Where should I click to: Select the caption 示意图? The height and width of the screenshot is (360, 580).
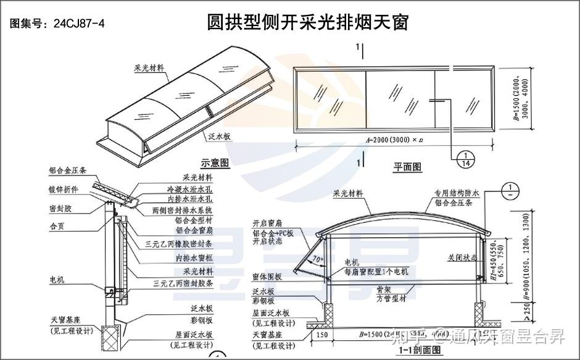[x=215, y=163]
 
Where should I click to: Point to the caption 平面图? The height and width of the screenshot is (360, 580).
[x=407, y=166]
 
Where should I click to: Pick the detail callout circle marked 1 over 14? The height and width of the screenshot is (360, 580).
[x=465, y=159]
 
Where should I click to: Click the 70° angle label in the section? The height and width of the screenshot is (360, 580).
[x=317, y=259]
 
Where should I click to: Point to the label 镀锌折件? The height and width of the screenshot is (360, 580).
[x=65, y=190]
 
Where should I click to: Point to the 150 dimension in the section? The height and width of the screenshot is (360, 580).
[x=320, y=336]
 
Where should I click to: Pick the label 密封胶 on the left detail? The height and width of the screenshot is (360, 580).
[x=60, y=208]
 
